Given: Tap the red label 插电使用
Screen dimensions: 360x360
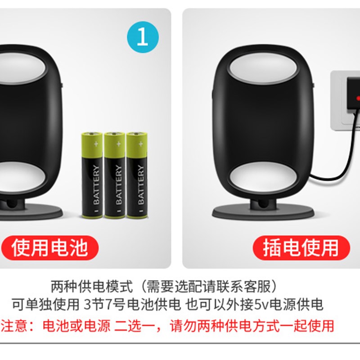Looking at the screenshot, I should [x=300, y=247].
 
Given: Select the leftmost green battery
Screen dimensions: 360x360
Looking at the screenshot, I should [x=92, y=175].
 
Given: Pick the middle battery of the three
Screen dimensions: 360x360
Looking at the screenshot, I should [x=114, y=175].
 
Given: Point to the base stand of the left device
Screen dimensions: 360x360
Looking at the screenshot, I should [x=27, y=211].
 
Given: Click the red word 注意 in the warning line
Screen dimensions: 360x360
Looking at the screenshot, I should [x=12, y=325].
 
